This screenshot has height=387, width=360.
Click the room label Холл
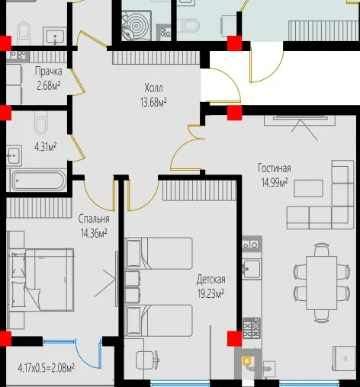coord(153,88)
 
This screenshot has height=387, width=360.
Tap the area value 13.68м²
coord(153,102)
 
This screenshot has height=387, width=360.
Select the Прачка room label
coord(48,72)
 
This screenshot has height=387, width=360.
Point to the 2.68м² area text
coord(49,86)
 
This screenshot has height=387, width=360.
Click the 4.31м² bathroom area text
coord(45,147)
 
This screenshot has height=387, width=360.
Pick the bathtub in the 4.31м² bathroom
coord(39,181)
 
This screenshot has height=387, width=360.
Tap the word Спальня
coord(94,219)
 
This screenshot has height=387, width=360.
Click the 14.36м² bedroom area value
coord(94,233)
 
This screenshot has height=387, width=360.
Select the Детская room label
coord(211,280)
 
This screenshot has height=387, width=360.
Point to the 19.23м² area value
coord(211,293)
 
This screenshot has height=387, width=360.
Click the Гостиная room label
coord(275,168)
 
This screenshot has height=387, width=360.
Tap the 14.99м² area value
coord(275,182)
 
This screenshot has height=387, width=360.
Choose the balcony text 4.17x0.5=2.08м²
coord(47,367)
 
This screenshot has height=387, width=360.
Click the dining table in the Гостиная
coord(322,283)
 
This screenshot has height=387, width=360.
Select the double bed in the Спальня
coord(41,280)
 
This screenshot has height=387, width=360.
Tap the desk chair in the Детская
coord(147,360)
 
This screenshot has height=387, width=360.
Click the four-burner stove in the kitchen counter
coord(252,328)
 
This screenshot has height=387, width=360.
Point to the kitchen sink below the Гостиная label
coord(252,269)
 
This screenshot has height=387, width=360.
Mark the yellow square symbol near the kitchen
coord(247,361)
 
